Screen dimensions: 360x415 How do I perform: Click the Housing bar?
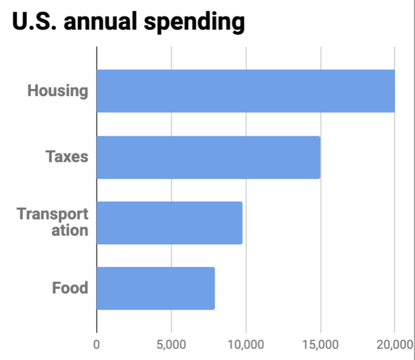click(x=245, y=91)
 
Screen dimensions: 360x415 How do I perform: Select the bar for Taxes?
click(x=208, y=157)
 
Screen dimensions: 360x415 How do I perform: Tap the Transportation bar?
click(x=169, y=223)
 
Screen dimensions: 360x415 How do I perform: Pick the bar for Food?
click(x=155, y=288)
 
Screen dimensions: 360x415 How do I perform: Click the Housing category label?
click(x=58, y=91)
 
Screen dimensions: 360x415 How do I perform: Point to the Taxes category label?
click(x=67, y=157)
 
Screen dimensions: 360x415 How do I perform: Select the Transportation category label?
click(x=53, y=222)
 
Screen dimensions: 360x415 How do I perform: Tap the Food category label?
click(x=70, y=289)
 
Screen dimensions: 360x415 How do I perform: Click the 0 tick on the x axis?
click(x=97, y=345)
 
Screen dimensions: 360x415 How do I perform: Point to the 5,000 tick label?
click(x=171, y=345)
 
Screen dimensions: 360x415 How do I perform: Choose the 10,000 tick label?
click(x=245, y=345)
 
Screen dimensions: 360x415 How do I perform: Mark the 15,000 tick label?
click(x=320, y=345)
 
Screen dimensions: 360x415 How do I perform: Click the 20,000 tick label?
click(x=394, y=345)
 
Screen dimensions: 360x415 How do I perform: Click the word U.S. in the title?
click(x=34, y=22)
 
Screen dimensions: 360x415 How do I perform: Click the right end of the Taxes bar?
click(x=320, y=157)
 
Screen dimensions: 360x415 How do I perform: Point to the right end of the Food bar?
click(x=214, y=288)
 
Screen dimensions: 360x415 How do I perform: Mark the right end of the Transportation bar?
click(x=242, y=223)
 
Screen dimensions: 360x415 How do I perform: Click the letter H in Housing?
click(x=33, y=91)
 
